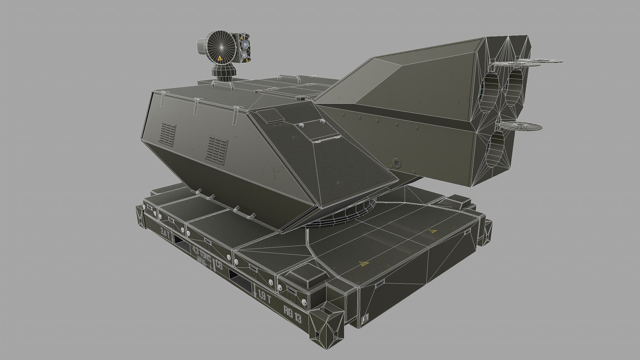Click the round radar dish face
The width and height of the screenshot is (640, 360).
221,46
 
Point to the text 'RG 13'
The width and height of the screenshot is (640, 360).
292,314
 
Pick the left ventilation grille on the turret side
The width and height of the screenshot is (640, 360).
169,134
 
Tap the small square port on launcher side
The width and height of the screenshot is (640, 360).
397,163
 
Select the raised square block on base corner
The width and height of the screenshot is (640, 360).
306,277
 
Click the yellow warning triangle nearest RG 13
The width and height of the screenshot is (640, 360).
362,265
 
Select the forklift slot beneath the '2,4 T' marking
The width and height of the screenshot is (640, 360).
182,246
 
